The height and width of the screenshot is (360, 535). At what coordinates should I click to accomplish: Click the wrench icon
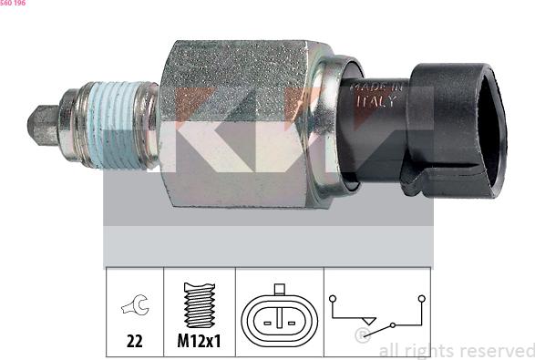tap(134, 307)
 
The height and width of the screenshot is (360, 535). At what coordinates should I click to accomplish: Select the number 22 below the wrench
tap(134, 344)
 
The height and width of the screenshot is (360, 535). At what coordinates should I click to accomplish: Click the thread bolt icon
tap(199, 304)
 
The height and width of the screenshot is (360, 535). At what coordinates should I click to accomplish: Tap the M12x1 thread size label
tap(199, 344)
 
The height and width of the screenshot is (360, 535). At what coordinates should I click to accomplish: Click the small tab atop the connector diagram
tap(279, 291)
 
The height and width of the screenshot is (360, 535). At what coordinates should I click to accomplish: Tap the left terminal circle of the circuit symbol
tap(334, 299)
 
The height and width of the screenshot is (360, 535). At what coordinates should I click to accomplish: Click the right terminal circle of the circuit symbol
tap(421, 298)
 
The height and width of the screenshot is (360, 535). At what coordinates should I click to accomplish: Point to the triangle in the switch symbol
tap(368, 320)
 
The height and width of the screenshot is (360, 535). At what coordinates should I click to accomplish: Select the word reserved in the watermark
tap(495, 350)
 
